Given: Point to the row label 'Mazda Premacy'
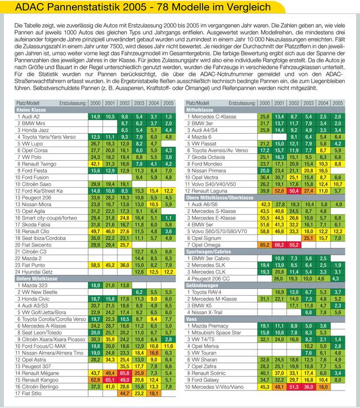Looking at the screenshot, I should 214,326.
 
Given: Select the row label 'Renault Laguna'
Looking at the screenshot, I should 213,190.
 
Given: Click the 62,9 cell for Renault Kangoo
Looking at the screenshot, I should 96,379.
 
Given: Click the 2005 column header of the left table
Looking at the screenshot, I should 168,103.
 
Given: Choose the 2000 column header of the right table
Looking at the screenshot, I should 265,103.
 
